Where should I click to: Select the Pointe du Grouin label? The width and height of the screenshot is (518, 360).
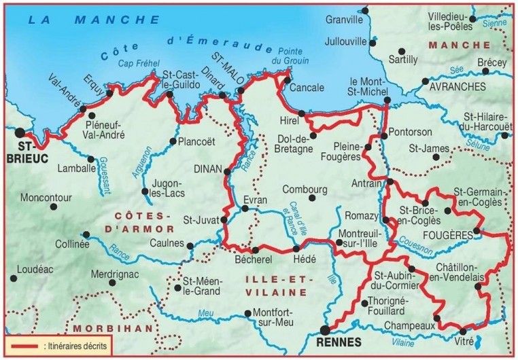[x=290, y=56]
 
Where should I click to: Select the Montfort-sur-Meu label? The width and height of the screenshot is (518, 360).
[x=271, y=318]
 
